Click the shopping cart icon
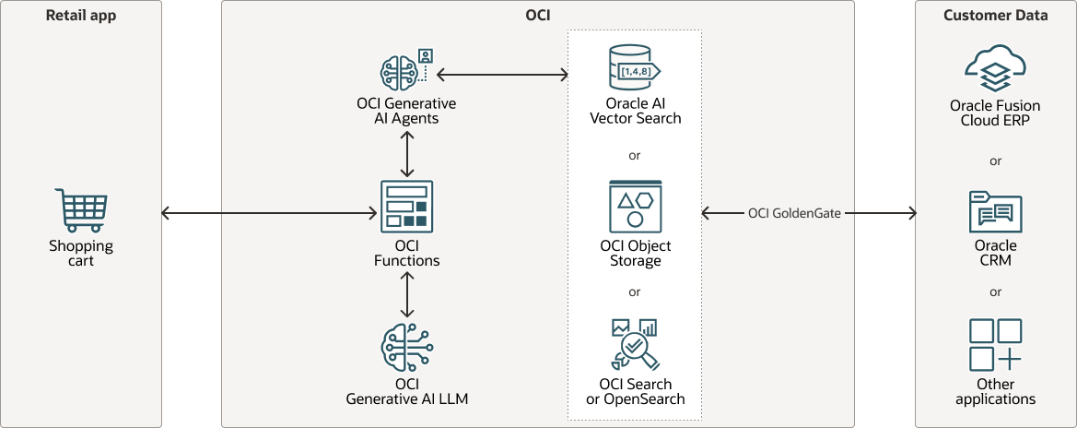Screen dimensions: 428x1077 (x=81, y=211)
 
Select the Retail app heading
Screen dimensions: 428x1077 (x=81, y=15)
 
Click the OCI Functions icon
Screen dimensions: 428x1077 (x=406, y=205)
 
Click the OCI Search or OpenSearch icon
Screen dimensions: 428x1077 (x=635, y=343)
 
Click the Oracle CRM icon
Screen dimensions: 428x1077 (x=995, y=212)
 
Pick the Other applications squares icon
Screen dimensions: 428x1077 (x=995, y=345)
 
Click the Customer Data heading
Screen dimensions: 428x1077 (x=995, y=15)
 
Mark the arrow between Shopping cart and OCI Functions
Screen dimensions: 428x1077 (x=269, y=214)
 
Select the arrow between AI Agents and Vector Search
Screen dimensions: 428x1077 (x=502, y=74)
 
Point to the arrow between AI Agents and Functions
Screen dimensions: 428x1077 (x=406, y=154)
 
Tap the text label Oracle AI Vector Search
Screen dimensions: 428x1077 (x=635, y=111)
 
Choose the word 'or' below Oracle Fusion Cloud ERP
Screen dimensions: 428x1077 (x=995, y=160)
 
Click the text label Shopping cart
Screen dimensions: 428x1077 (x=81, y=253)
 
